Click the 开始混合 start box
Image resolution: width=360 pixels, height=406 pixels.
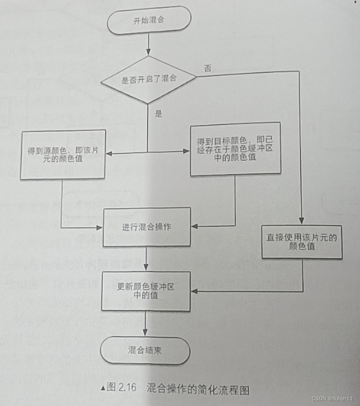point(149,21)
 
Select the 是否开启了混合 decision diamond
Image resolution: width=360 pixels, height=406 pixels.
point(148,79)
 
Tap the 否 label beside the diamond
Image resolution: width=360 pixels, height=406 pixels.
point(207,69)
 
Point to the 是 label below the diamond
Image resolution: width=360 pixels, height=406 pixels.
point(159,114)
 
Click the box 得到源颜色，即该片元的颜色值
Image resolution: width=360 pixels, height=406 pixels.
point(63,155)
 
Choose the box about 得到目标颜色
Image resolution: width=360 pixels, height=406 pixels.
point(235,149)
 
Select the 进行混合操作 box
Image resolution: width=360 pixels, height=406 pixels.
point(146,227)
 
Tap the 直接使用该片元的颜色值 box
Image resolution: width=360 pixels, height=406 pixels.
point(302,242)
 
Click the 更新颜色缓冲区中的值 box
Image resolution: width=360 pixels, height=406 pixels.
point(146,291)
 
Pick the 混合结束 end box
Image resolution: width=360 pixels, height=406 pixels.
point(145,350)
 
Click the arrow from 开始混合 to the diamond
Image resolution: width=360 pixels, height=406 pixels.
point(149,45)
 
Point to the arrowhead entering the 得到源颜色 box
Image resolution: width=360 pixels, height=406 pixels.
point(109,153)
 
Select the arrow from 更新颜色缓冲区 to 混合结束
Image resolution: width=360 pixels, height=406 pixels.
point(146,324)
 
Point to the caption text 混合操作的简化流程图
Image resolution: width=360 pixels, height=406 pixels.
point(197,388)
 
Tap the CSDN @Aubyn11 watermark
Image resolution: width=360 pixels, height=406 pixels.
point(332,399)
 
